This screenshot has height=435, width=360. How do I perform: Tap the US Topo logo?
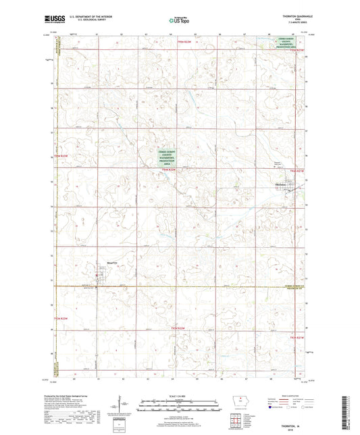point(178,21)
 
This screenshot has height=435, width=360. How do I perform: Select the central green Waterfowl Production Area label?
point(170,157)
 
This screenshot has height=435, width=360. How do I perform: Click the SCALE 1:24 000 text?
point(179,395)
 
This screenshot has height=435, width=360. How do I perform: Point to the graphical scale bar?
point(179,407)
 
